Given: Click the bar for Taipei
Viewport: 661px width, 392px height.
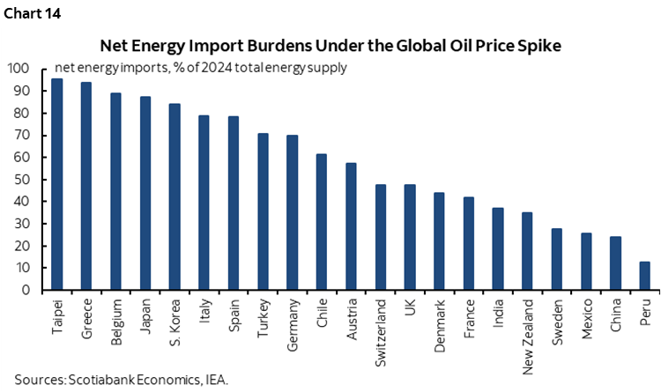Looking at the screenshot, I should [56, 184].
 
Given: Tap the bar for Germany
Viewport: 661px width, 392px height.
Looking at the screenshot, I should [293, 212].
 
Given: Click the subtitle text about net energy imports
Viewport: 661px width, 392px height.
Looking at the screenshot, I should [200, 67].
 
